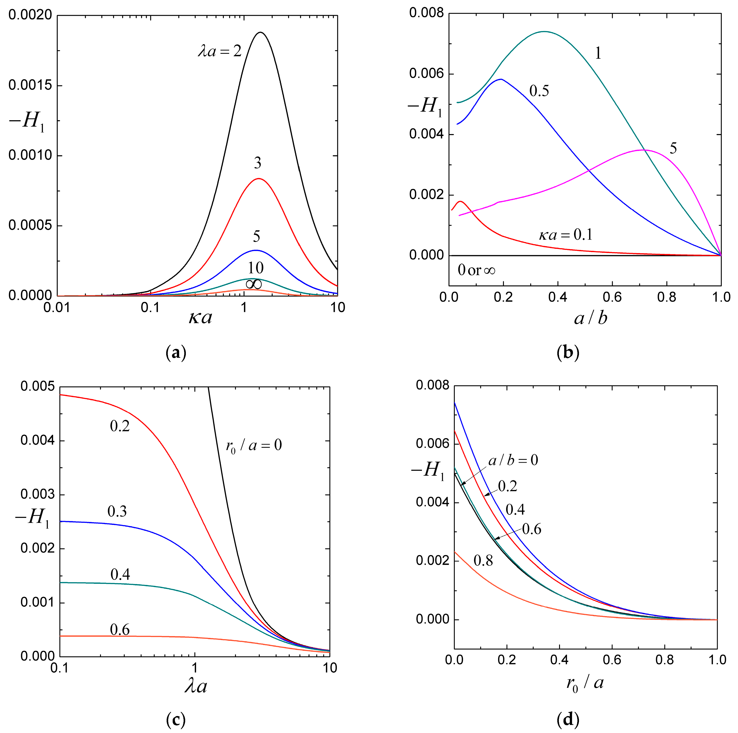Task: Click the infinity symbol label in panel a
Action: tap(254, 284)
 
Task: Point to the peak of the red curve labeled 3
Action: tap(259, 178)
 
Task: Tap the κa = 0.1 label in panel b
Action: tap(566, 234)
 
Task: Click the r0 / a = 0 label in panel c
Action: tap(254, 445)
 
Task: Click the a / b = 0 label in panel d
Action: tap(513, 460)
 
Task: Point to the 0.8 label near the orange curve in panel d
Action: tap(483, 561)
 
